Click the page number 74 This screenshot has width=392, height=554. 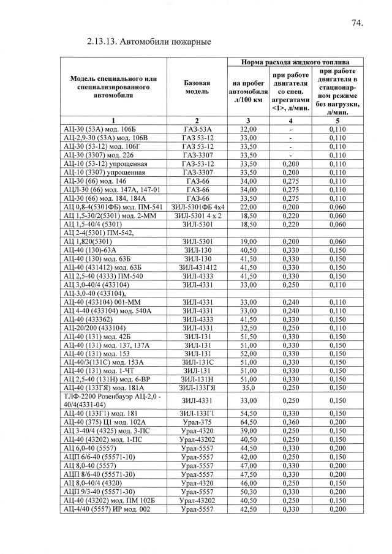point(358,23)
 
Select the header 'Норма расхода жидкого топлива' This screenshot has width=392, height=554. point(295,62)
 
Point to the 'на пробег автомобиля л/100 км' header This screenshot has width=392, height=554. point(247,91)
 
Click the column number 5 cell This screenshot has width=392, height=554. point(337,121)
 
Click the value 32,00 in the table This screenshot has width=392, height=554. point(247,130)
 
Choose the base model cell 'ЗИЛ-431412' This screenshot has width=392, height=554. point(197,268)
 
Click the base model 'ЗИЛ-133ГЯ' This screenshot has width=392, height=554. point(197,388)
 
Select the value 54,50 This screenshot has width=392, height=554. point(247,414)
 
